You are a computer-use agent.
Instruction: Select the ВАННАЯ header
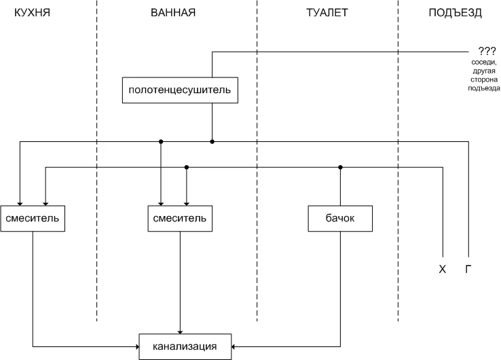pos(172,13)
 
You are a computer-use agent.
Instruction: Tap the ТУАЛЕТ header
pos(327,13)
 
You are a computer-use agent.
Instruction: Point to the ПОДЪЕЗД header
pos(456,13)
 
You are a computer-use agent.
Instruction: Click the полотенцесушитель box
pos(180,90)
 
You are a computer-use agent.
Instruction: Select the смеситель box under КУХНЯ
pos(33,218)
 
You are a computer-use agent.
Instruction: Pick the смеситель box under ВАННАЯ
pos(179,218)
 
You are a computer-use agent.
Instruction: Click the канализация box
pos(185,346)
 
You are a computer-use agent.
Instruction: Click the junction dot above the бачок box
pos(341,167)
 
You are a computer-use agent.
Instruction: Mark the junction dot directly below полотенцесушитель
pos(212,141)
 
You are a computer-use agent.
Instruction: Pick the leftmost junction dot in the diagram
pos(161,141)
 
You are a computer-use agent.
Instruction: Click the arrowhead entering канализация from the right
pos(234,346)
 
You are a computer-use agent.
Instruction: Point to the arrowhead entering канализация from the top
pos(180,331)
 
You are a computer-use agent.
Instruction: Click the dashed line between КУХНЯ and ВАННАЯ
pos(96,163)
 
